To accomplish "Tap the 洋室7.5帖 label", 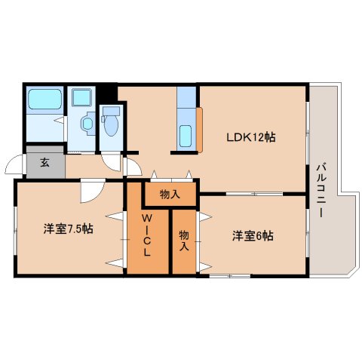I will click(68, 229).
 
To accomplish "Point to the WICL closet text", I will click(148, 235).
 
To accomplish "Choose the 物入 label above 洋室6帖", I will click(170, 195).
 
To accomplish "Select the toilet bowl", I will click(112, 121).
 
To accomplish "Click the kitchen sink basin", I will click(186, 137).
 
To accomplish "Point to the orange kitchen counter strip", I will click(199, 128).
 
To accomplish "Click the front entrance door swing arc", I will click(14, 167).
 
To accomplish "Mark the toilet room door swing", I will click(111, 159).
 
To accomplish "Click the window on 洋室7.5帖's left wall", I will click(14, 230).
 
